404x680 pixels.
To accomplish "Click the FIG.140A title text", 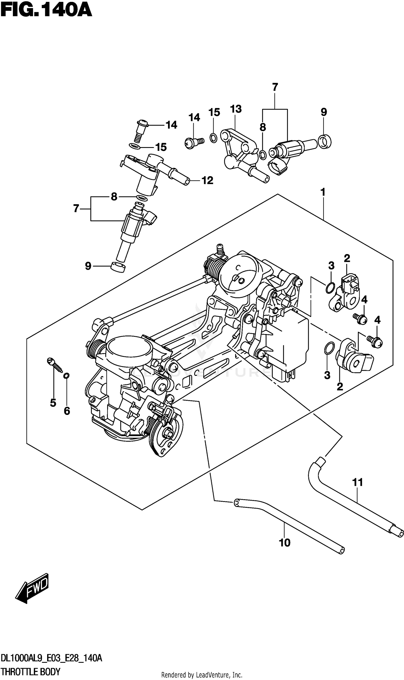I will click(46, 11).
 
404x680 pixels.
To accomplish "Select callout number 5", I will click(53, 403).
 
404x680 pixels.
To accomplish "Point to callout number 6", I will click(67, 411).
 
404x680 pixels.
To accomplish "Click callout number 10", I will click(285, 543).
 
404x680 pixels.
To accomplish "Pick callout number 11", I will click(357, 482).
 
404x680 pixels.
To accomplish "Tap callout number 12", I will click(207, 180).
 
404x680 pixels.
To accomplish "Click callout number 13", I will click(236, 109).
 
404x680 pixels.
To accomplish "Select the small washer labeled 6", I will click(66, 376).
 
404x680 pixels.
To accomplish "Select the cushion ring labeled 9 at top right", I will click(325, 141).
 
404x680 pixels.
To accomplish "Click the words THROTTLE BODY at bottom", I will click(30, 672).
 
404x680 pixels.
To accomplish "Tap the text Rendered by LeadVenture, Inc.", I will click(202, 675).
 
